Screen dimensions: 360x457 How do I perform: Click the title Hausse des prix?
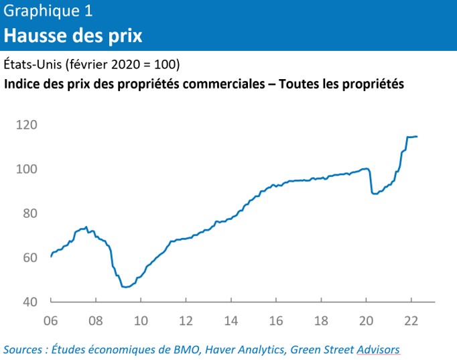[x=73, y=35]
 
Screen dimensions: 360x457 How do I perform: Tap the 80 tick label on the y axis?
[x=29, y=213]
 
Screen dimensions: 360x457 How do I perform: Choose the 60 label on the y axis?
[x=29, y=257]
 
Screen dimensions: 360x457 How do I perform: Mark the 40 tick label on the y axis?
[x=29, y=302]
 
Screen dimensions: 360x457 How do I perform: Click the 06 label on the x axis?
[x=50, y=320]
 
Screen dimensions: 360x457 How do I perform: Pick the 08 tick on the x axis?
[x=95, y=320]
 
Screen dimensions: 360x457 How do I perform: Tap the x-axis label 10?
[x=140, y=320]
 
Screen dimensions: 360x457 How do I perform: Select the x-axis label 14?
[x=231, y=320]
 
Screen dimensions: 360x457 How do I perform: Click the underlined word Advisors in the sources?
[x=378, y=349]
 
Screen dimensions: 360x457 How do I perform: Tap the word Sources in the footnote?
[x=24, y=349]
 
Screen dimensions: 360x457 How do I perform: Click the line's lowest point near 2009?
[x=125, y=287]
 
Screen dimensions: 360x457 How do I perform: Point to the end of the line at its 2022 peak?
[x=417, y=137]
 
